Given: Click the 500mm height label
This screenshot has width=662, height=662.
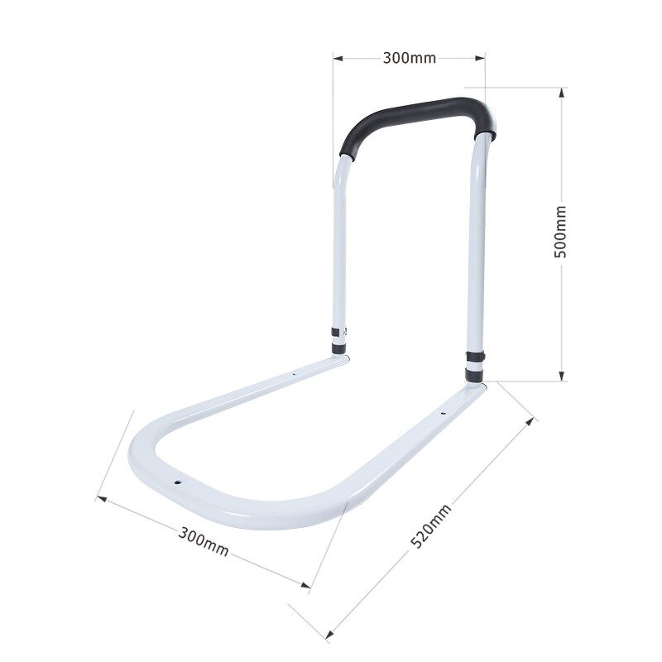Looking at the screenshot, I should [x=560, y=232].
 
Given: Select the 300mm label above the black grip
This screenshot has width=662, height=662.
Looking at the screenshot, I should [x=409, y=58].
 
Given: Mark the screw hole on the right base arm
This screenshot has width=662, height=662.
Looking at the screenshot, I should [x=442, y=411].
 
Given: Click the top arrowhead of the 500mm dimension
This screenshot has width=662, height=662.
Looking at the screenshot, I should [x=562, y=91].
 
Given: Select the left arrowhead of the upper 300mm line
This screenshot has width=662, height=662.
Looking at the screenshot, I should [x=337, y=58].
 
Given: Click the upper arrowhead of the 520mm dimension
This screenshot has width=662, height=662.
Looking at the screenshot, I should [x=532, y=420].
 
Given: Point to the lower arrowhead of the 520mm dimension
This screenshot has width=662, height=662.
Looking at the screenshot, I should [x=330, y=637].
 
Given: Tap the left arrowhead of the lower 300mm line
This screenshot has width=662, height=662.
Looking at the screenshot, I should [x=100, y=498].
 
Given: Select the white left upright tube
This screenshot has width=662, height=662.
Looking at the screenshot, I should [x=339, y=248].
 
